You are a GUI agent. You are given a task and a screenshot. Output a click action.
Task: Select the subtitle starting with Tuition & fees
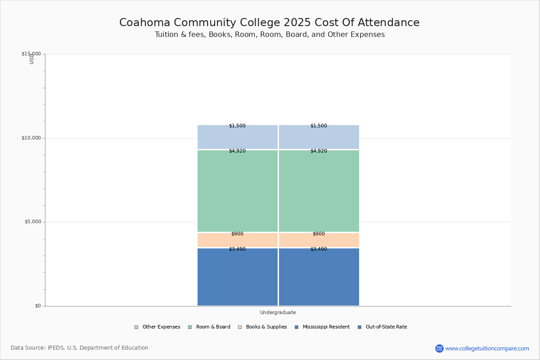coord(270,35)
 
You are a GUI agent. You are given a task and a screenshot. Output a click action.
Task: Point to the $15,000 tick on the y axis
coord(31,54)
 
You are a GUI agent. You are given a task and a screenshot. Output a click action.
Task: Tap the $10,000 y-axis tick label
coord(31,138)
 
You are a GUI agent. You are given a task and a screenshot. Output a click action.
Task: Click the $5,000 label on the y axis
coord(32,222)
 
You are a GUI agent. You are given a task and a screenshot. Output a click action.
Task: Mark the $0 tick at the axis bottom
coord(38,306)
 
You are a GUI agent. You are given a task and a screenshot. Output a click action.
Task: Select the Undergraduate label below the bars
coord(278,312)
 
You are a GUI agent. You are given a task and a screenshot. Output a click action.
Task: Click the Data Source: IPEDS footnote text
coord(80,348)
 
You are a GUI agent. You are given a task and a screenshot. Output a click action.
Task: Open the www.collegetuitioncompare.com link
coord(487,348)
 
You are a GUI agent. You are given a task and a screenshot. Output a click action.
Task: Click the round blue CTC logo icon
coord(439,348)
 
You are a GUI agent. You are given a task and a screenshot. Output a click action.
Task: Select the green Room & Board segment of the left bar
coord(238,191)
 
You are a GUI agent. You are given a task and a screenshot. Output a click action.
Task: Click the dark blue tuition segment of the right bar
coord(319,277)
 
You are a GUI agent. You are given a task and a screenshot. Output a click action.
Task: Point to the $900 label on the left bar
coord(237,234)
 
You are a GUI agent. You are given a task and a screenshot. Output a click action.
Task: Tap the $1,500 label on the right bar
coord(319,126)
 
